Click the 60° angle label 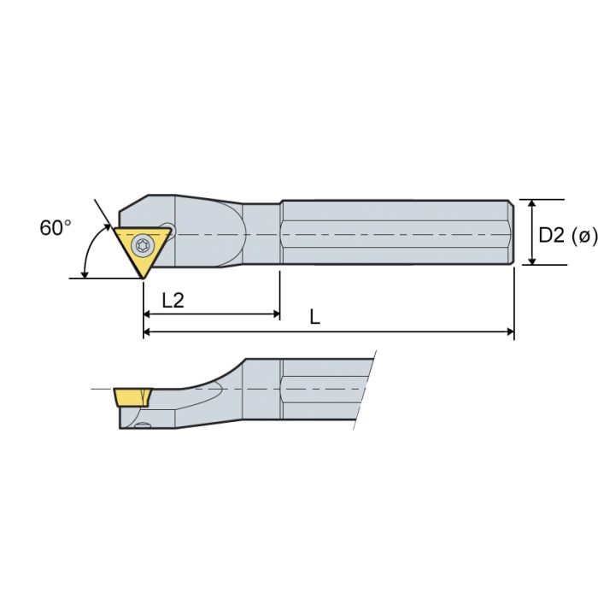pos(56,228)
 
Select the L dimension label pos(314,317)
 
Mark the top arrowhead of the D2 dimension pos(532,205)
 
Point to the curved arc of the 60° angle pos(87,252)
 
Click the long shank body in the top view pos(393,233)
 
